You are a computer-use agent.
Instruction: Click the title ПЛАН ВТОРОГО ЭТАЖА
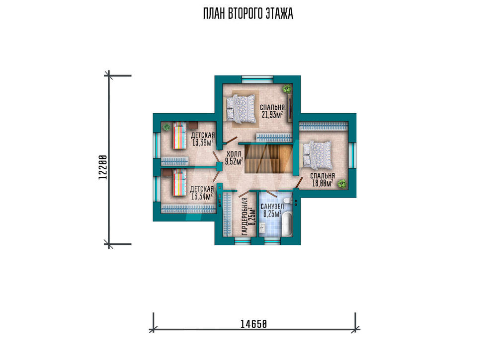coord(248,14)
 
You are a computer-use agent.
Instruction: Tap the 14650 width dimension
coord(253,324)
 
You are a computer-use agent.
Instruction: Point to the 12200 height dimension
coord(102,167)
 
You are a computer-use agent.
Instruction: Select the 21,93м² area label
coord(272,115)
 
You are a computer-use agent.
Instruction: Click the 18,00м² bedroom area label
coord(323,183)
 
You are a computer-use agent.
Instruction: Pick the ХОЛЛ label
coord(234,154)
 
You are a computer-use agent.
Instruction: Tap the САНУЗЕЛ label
coord(272,207)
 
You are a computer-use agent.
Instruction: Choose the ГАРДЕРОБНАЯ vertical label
coord(245,216)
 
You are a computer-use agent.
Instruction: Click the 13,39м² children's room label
coord(203,143)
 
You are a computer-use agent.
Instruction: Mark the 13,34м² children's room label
coord(202,197)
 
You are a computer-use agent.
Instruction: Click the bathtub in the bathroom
coord(287,224)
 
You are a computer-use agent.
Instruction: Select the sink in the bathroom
coord(263,227)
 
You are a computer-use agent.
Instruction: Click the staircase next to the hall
coord(268,159)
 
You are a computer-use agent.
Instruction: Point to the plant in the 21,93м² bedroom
coord(287,88)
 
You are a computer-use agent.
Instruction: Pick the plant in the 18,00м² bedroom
coord(342,184)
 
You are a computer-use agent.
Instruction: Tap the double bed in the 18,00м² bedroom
coord(318,155)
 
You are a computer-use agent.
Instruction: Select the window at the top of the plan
coord(257,79)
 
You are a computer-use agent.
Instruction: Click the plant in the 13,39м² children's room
coord(166,127)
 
